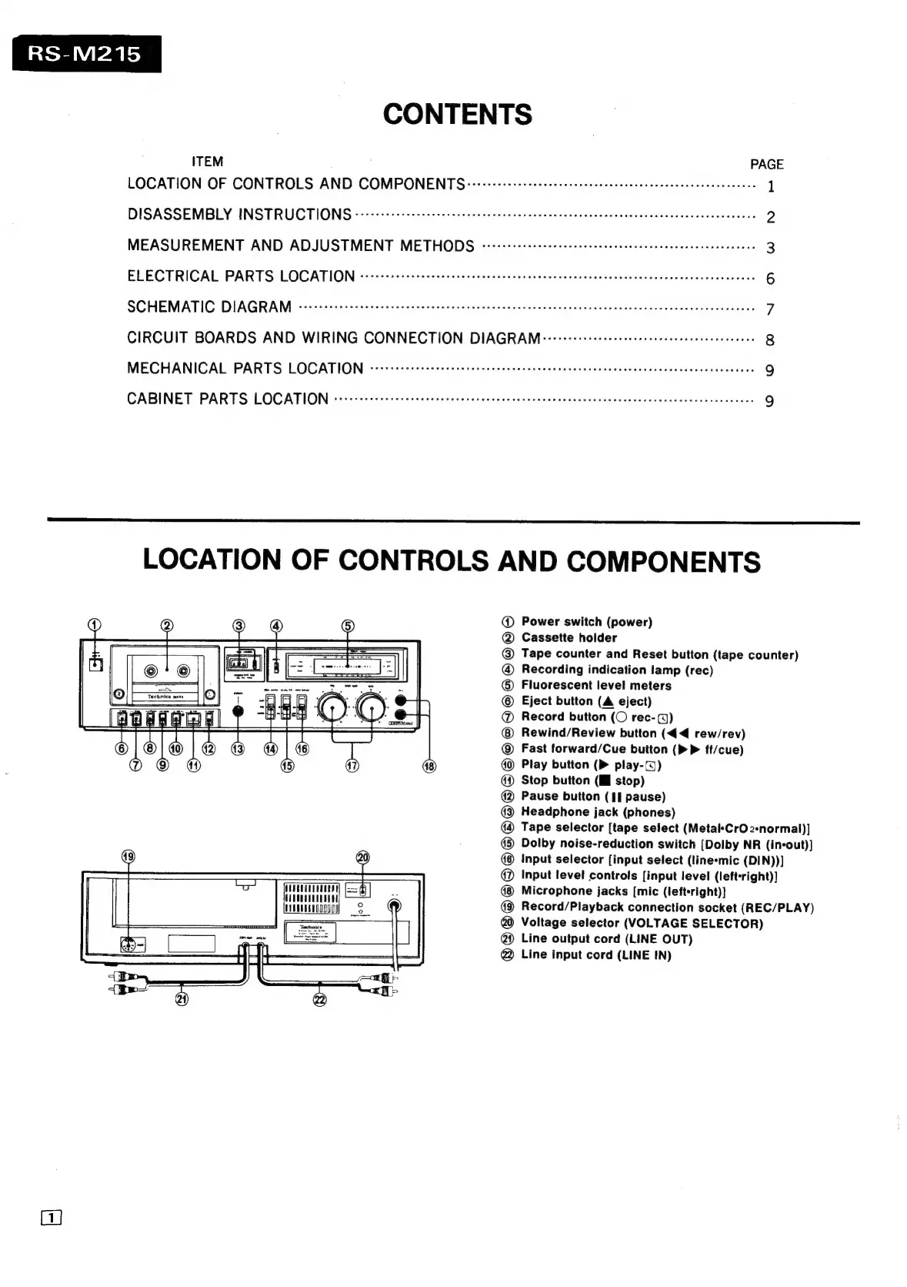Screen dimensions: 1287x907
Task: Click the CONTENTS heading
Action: [x=457, y=115]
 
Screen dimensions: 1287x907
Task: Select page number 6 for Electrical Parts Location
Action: [x=769, y=279]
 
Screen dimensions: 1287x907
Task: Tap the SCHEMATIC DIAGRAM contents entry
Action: [x=209, y=307]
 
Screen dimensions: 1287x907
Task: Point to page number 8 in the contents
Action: [x=769, y=340]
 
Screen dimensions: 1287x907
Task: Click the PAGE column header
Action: [x=766, y=164]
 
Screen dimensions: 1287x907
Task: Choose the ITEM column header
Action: [x=208, y=162]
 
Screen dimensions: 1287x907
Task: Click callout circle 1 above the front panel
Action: [x=94, y=625]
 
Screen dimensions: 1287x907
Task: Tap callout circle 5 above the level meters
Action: [x=348, y=626]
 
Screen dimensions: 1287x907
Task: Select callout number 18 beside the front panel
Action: [x=429, y=767]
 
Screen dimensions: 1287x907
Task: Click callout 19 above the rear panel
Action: [x=128, y=857]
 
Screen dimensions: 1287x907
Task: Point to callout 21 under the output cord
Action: [x=182, y=1000]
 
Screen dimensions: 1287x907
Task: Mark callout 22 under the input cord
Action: [x=320, y=1000]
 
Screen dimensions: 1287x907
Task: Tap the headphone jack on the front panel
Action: [x=238, y=710]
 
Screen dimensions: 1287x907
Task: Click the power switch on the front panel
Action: [x=95, y=663]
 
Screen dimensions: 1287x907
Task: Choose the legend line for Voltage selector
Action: [x=642, y=923]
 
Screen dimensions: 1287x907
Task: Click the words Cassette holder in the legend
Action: [x=569, y=637]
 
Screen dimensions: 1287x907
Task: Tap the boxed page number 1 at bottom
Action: [x=52, y=1218]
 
